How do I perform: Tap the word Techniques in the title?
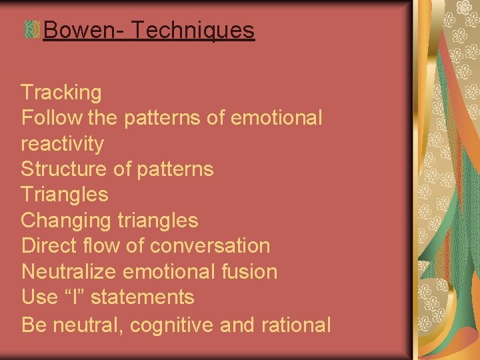193,30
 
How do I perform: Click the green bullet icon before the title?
31,30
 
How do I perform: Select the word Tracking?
61,92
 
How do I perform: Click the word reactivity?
63,143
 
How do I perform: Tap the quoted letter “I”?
79,297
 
